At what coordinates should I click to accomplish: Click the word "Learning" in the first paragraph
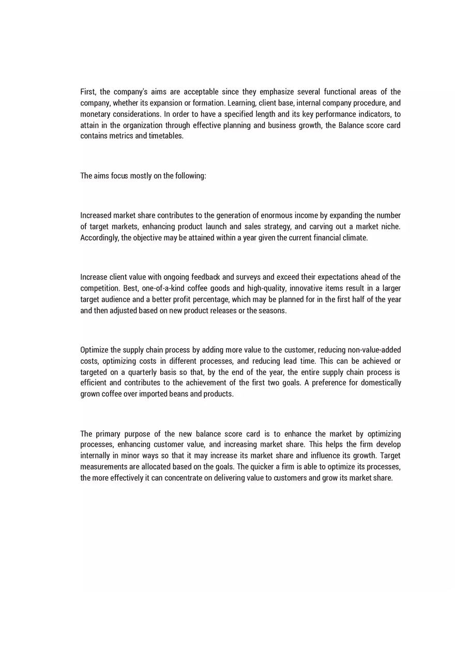(241, 103)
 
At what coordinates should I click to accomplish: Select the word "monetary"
(95, 114)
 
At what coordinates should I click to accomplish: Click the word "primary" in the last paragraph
(109, 434)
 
